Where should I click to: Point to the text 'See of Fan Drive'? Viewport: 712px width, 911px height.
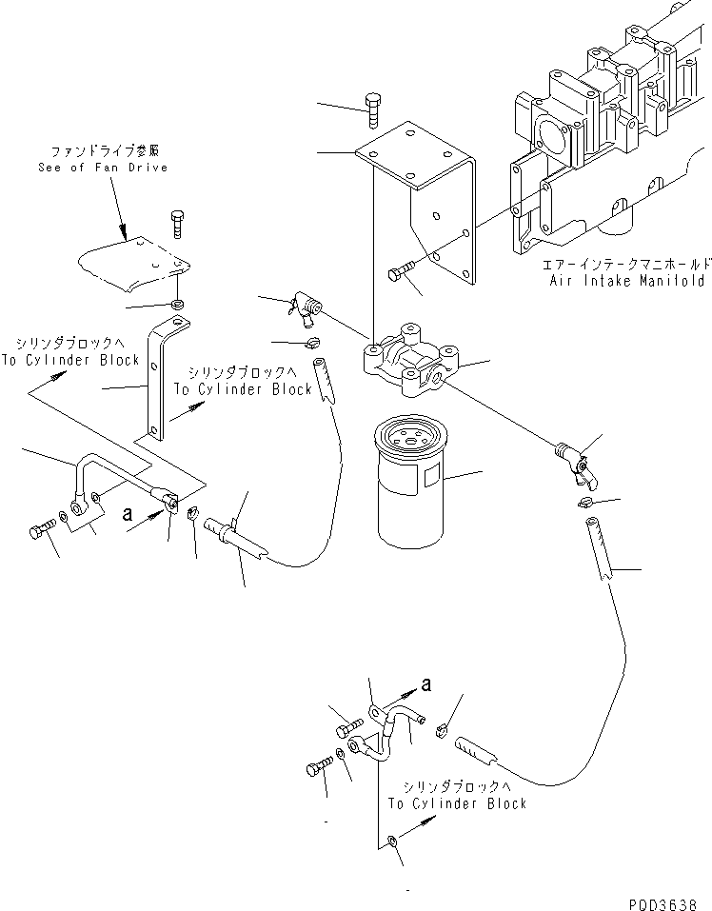pyautogui.click(x=103, y=168)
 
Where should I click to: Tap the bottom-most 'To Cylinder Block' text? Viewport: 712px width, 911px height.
pyautogui.click(x=457, y=803)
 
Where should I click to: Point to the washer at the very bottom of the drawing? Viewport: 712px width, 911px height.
pyautogui.click(x=392, y=840)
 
